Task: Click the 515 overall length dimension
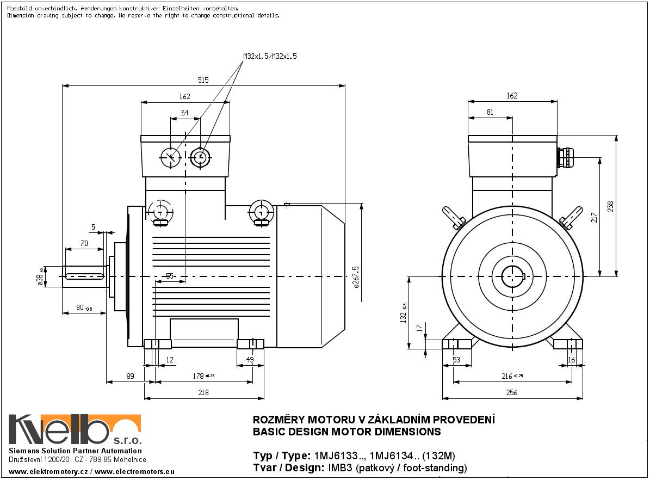pyautogui.click(x=203, y=80)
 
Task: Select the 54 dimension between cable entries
pyautogui.click(x=185, y=113)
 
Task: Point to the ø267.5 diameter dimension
pyautogui.click(x=356, y=278)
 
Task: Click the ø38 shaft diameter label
pyautogui.click(x=40, y=276)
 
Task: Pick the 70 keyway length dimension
pyautogui.click(x=84, y=244)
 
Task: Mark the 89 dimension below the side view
pyautogui.click(x=129, y=376)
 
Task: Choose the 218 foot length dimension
pyautogui.click(x=203, y=392)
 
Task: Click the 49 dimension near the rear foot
pyautogui.click(x=250, y=359)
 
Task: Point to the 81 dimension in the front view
pyautogui.click(x=490, y=113)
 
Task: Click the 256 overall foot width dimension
pyautogui.click(x=511, y=392)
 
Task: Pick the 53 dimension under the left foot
pyautogui.click(x=456, y=359)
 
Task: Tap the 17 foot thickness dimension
pyautogui.click(x=418, y=328)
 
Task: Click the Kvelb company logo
pyautogui.click(x=75, y=430)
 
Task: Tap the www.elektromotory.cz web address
pyautogui.click(x=49, y=471)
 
